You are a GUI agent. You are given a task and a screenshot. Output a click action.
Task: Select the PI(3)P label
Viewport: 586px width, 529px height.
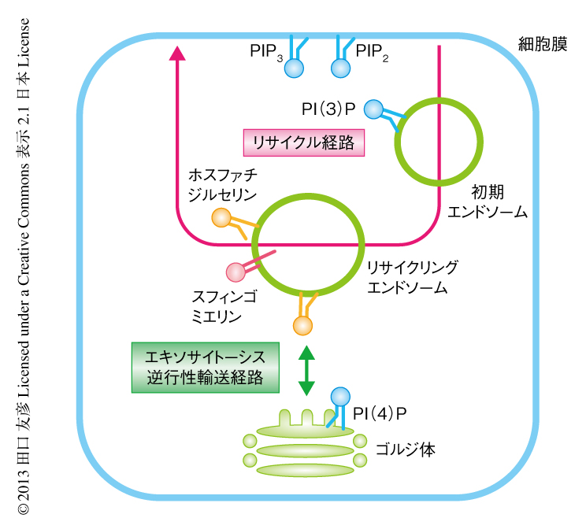pos(328,108)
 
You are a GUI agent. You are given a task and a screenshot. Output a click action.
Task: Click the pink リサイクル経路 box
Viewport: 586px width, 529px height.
pos(303,142)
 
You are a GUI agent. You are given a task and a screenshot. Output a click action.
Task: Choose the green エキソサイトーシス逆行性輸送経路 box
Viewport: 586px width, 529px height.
pos(204,366)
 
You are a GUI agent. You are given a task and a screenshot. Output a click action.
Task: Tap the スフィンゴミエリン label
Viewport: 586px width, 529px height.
pos(217,307)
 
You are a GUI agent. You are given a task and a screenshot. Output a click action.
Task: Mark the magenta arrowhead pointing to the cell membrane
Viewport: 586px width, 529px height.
pos(177,53)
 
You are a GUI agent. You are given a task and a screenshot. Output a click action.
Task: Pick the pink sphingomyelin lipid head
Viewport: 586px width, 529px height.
pos(236,272)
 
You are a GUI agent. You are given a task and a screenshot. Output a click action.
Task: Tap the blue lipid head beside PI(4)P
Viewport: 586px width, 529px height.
pos(340,395)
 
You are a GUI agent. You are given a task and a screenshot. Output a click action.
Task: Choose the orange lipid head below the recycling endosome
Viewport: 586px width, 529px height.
pos(302,324)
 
